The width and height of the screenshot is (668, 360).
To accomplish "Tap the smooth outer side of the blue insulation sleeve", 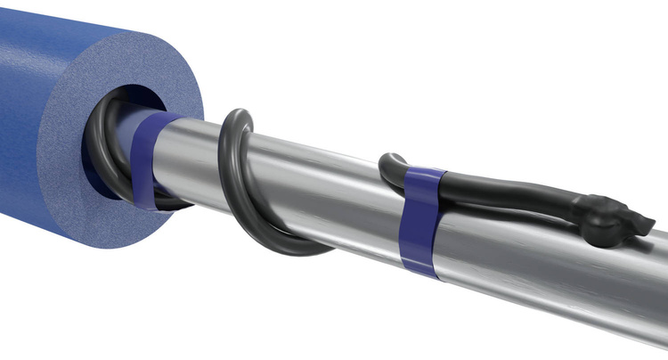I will (36, 116).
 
